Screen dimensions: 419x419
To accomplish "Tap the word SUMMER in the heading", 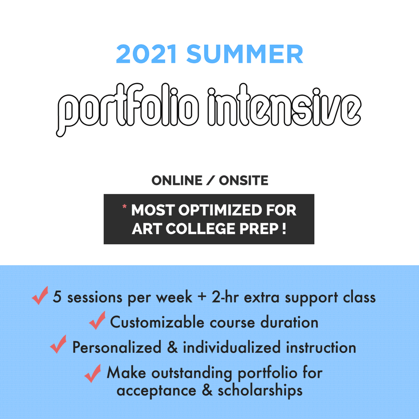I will (245, 55).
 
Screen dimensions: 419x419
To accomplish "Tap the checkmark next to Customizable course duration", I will (97, 321).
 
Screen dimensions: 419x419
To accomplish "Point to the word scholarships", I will (260, 391).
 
